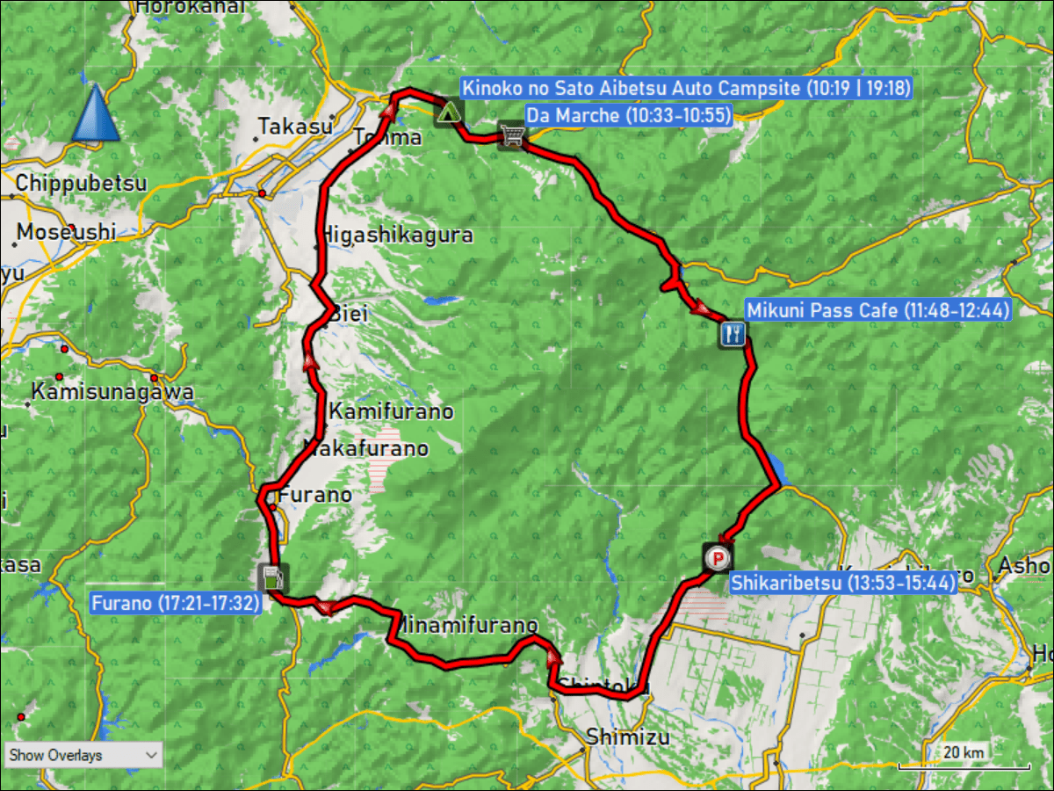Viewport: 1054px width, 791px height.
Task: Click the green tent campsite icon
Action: [x=449, y=112]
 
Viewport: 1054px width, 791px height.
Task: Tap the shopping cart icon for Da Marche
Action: [x=510, y=134]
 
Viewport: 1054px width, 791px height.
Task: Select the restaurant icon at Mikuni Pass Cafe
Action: [x=733, y=333]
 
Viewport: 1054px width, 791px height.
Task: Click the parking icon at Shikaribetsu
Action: [x=718, y=557]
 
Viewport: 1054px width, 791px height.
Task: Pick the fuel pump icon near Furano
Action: [x=271, y=578]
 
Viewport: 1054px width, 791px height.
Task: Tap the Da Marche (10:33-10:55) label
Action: [x=629, y=115]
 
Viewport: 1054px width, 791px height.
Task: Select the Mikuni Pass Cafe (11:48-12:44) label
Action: [x=878, y=310]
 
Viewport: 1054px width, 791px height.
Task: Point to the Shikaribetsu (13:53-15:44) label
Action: [x=842, y=582]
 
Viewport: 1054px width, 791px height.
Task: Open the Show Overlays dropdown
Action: [x=83, y=755]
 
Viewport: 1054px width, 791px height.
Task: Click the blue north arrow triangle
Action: [x=95, y=113]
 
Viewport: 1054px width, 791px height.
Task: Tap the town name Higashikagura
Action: [x=398, y=235]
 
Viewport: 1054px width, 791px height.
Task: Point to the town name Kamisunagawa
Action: [x=112, y=391]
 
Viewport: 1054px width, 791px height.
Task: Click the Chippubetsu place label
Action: [x=81, y=184]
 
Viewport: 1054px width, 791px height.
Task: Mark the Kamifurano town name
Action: [x=391, y=411]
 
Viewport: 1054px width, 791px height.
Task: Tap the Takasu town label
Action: [x=296, y=127]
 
